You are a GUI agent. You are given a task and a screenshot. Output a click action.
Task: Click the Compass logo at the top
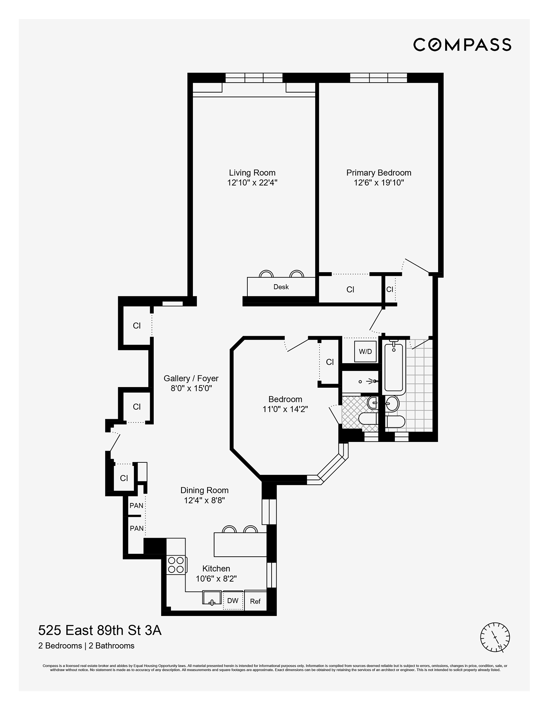(x=462, y=45)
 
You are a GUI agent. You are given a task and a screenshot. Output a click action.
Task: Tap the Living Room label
(x=252, y=173)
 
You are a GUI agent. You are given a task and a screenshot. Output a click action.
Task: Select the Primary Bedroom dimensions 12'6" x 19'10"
(x=379, y=183)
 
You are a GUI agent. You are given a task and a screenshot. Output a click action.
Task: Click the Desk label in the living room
(x=281, y=287)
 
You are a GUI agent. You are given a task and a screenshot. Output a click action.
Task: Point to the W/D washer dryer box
(x=365, y=352)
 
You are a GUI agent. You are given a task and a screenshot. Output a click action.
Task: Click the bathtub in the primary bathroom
(x=394, y=367)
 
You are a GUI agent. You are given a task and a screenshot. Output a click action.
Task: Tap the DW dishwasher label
(x=233, y=601)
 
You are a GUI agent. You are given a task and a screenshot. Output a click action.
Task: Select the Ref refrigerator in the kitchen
(x=255, y=601)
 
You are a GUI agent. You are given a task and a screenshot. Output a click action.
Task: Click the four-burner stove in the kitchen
(x=176, y=565)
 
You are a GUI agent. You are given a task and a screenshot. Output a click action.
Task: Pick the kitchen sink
(x=212, y=598)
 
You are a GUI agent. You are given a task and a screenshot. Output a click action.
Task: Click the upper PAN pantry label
(x=137, y=506)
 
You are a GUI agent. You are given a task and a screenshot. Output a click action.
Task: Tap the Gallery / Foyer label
(x=191, y=378)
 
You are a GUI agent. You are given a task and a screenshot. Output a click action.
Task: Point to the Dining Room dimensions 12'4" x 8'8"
(x=204, y=500)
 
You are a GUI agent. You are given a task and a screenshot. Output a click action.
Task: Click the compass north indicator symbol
(x=495, y=637)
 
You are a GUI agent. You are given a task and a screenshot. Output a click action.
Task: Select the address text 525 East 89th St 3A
(x=100, y=631)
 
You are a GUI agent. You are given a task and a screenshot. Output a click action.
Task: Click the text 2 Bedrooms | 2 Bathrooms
(x=86, y=646)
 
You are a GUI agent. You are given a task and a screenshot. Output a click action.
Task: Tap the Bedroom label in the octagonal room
(x=285, y=399)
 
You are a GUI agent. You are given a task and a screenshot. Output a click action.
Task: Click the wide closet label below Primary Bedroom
(x=350, y=290)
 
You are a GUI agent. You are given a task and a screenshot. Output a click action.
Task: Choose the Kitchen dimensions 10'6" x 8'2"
(x=216, y=579)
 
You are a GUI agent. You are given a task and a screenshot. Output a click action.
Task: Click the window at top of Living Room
(x=254, y=78)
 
